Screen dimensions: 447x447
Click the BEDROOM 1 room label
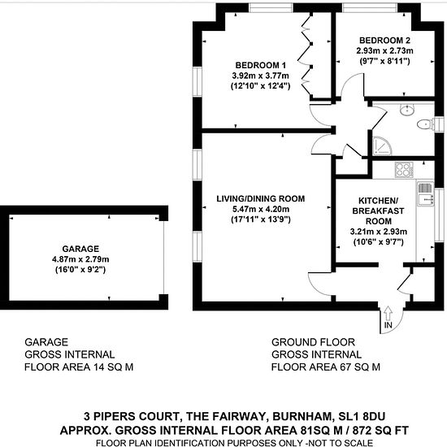[260, 65]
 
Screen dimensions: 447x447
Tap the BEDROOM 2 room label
[384, 41]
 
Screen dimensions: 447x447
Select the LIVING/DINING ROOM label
[261, 198]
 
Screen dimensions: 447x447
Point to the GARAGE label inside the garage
[80, 249]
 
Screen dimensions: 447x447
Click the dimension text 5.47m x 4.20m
[261, 209]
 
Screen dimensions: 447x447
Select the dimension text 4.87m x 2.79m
[80, 259]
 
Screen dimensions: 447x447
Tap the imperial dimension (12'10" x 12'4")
[260, 86]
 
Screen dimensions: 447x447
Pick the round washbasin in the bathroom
[407, 110]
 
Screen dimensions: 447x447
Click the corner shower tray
[381, 146]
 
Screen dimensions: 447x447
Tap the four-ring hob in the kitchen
[404, 170]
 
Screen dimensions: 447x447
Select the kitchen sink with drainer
[426, 194]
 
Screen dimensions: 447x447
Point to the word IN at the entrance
[388, 325]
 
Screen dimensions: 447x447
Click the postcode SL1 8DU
[362, 416]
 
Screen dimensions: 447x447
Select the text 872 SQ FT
[380, 430]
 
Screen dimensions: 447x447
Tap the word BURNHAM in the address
[302, 416]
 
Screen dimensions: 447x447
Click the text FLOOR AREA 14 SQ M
[79, 367]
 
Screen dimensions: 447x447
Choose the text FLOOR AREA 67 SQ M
[326, 367]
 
